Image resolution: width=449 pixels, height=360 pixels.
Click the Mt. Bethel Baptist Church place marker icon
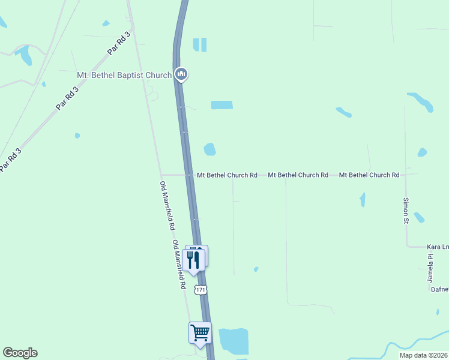[181, 74]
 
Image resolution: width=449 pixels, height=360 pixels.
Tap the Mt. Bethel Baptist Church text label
[124, 75]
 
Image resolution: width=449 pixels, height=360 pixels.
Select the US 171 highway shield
[201, 290]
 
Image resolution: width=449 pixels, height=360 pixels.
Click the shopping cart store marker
[200, 332]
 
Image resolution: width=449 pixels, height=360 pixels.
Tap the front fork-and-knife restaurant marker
[193, 259]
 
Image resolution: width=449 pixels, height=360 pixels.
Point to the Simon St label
[406, 210]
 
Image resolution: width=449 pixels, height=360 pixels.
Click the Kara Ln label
[438, 247]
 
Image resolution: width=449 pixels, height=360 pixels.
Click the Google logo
[20, 353]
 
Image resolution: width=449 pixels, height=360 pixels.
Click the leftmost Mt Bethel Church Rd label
[227, 175]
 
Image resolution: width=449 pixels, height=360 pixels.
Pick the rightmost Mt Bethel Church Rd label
[369, 175]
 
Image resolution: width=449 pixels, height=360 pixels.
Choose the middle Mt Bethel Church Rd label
[298, 175]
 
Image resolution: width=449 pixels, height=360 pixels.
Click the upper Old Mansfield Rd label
[167, 206]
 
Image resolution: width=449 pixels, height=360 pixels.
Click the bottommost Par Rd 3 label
[11, 159]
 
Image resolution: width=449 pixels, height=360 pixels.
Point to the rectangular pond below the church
[221, 105]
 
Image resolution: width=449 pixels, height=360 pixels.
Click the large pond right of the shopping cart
[234, 341]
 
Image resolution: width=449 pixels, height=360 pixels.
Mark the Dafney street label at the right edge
[439, 289]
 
